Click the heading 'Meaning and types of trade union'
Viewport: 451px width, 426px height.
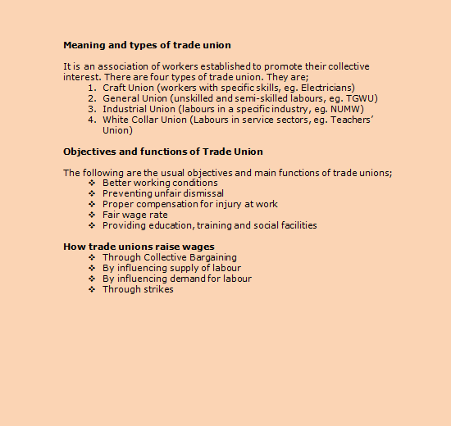[x=147, y=45]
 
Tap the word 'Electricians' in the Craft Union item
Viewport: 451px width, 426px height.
[x=326, y=88]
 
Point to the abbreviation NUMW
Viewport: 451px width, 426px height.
[x=348, y=109]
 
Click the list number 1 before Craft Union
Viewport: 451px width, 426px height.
[x=92, y=88]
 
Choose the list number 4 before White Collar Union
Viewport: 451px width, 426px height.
[x=93, y=120]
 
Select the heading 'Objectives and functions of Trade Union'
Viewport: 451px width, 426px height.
[x=162, y=152]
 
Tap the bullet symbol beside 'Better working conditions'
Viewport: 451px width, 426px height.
[x=92, y=184]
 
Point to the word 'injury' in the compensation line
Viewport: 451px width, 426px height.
[x=228, y=205]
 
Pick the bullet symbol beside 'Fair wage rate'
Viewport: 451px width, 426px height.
[x=92, y=215]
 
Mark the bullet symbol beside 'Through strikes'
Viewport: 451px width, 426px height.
[x=92, y=289]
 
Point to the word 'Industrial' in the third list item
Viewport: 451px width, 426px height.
[x=125, y=109]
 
